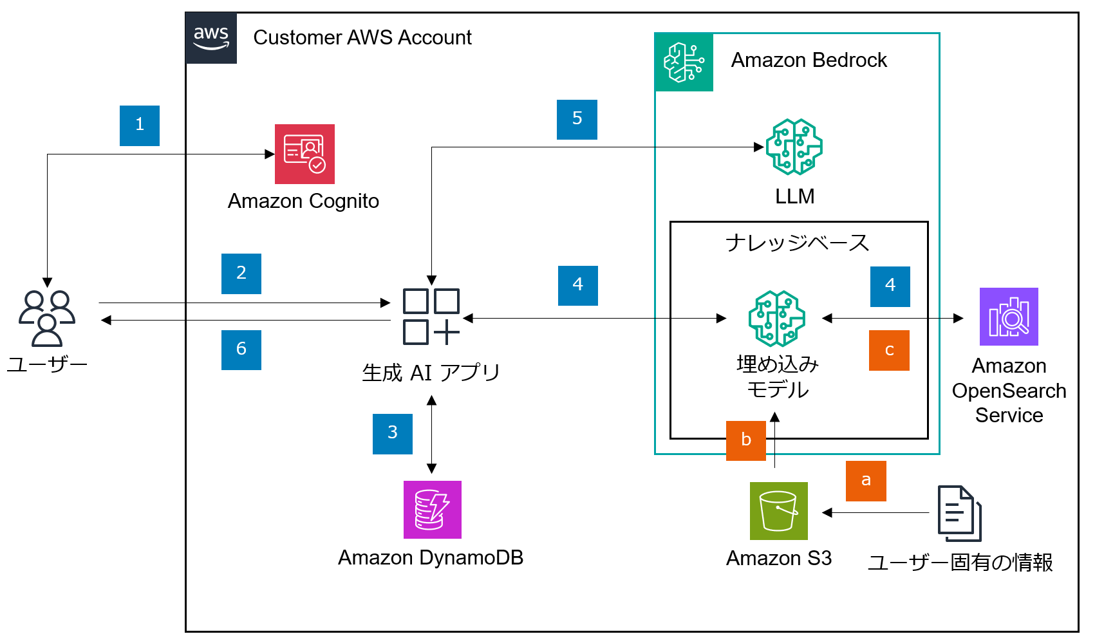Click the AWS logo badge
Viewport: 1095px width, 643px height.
point(211,38)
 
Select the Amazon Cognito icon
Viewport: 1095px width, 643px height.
point(304,154)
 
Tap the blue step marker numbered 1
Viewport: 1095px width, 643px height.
point(140,126)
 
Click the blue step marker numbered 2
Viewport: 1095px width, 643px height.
point(241,274)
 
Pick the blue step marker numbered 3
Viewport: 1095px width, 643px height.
point(393,434)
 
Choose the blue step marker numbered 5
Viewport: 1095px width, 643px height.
point(577,120)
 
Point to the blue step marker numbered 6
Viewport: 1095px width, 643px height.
point(241,350)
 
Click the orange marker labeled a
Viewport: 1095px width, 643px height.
point(866,481)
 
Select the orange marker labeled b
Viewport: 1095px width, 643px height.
point(746,441)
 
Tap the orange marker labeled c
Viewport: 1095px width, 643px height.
point(889,351)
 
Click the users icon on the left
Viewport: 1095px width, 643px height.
point(47,318)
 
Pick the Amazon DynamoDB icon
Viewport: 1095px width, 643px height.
point(433,510)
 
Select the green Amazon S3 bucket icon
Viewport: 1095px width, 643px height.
point(779,511)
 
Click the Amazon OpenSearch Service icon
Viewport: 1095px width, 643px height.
point(1009,317)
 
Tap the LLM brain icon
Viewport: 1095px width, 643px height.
point(794,147)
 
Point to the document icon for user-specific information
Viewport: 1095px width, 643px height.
point(959,513)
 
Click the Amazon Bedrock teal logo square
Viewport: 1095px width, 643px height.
point(684,62)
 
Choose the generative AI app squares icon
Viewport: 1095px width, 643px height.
point(431,317)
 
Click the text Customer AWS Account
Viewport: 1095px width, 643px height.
point(362,38)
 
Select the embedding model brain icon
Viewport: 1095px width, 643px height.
point(776,319)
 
